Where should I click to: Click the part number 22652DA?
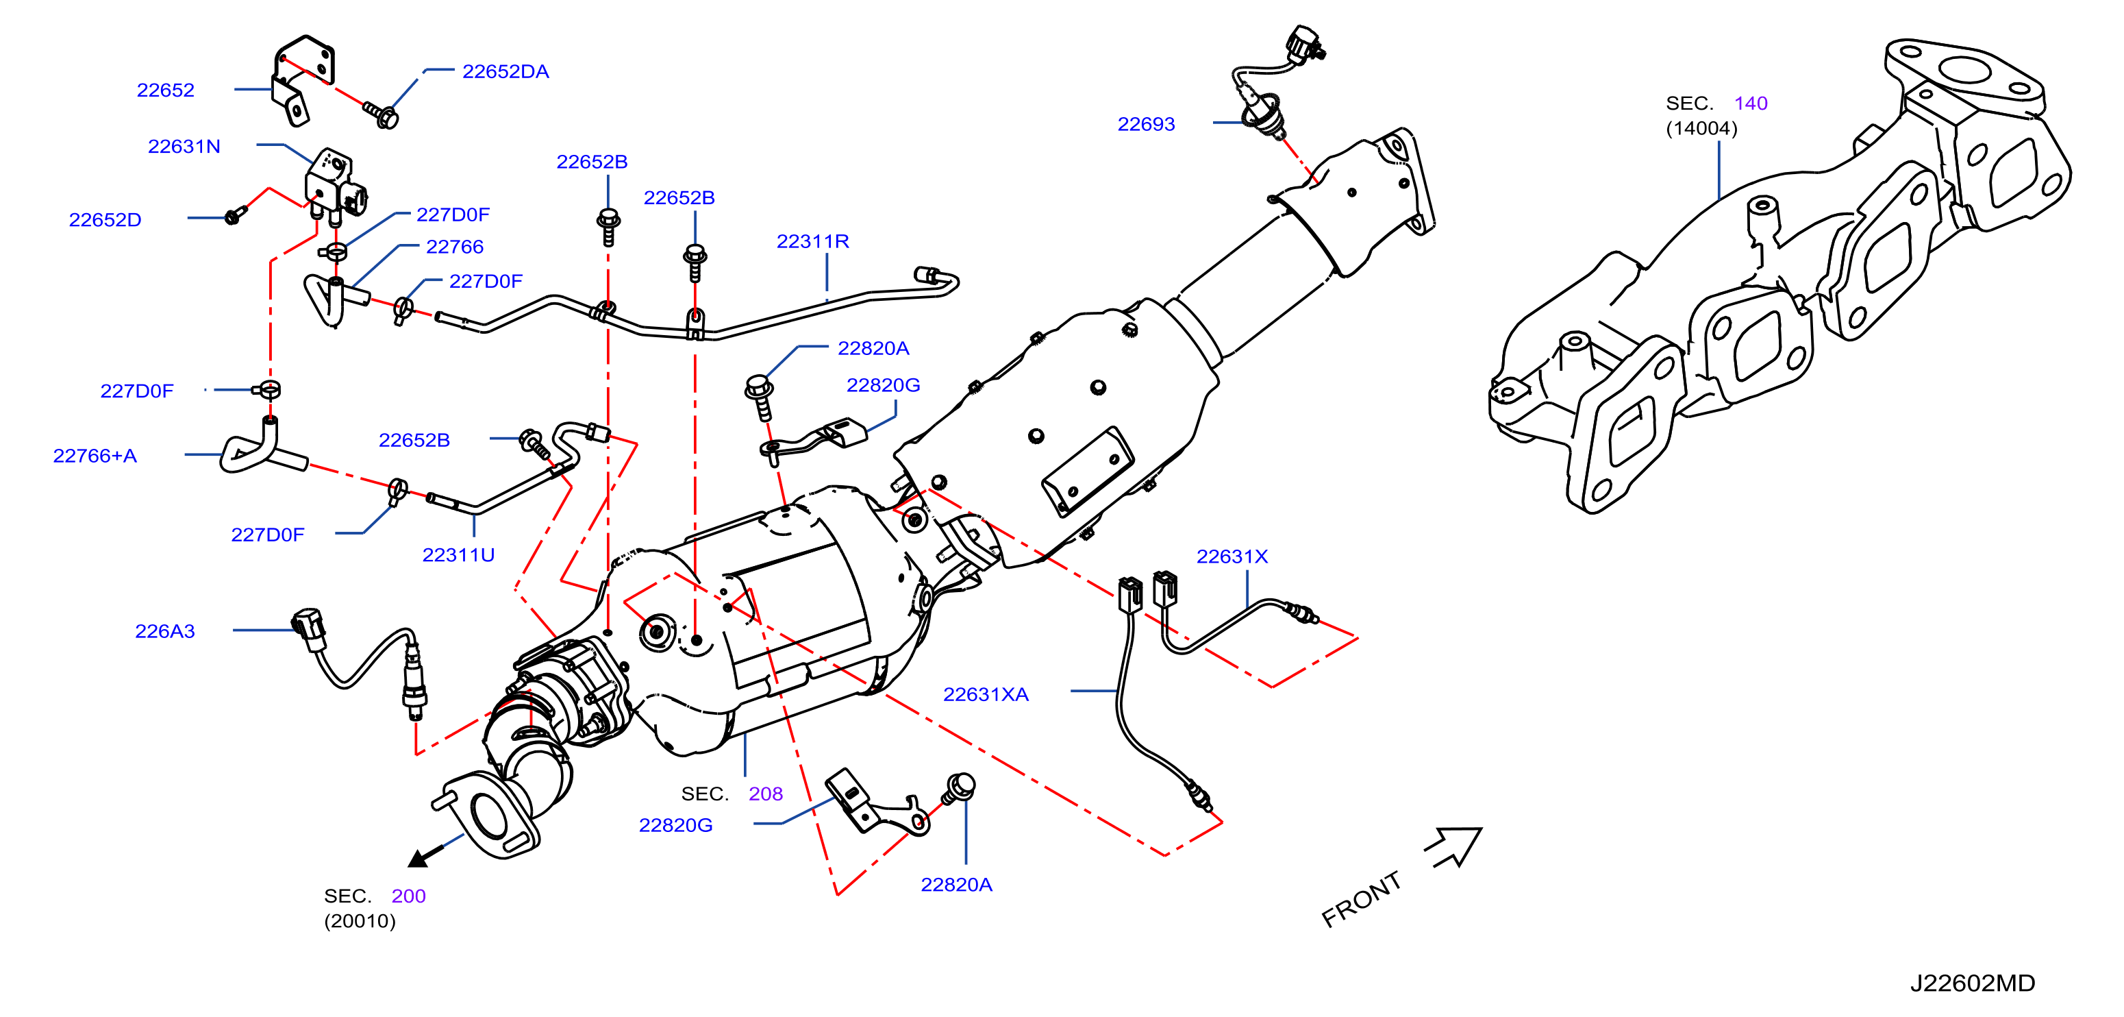click(x=505, y=72)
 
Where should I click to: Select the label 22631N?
click(x=184, y=147)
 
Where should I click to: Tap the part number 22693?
click(x=1146, y=125)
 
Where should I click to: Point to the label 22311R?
click(x=812, y=242)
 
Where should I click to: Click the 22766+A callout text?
click(x=95, y=456)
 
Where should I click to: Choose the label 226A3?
click(x=165, y=632)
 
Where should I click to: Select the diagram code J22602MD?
click(x=1973, y=983)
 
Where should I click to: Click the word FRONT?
click(x=1361, y=899)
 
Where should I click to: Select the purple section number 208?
click(x=765, y=794)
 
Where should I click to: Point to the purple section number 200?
click(x=408, y=896)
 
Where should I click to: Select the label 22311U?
click(x=458, y=556)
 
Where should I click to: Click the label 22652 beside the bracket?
click(x=166, y=90)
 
